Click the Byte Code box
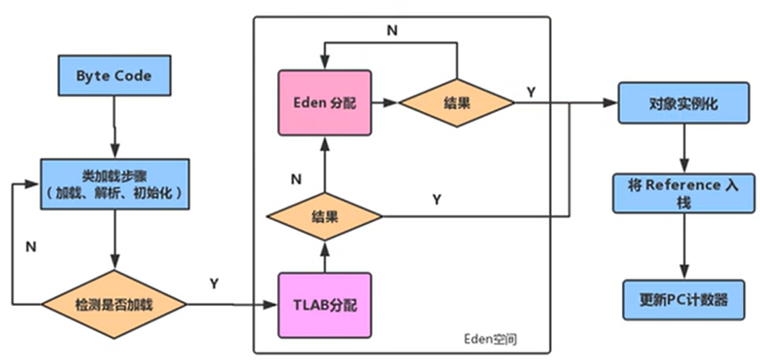click(114, 75)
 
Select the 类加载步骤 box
click(114, 184)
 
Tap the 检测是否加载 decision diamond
click(114, 305)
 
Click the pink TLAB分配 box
click(325, 305)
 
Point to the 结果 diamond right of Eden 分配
click(456, 103)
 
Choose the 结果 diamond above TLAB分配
click(324, 217)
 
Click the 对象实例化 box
click(683, 103)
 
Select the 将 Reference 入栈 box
click(683, 191)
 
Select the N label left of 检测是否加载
click(31, 247)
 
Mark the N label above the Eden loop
click(391, 30)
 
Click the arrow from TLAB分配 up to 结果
click(324, 257)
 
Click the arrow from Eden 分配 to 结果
click(385, 103)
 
